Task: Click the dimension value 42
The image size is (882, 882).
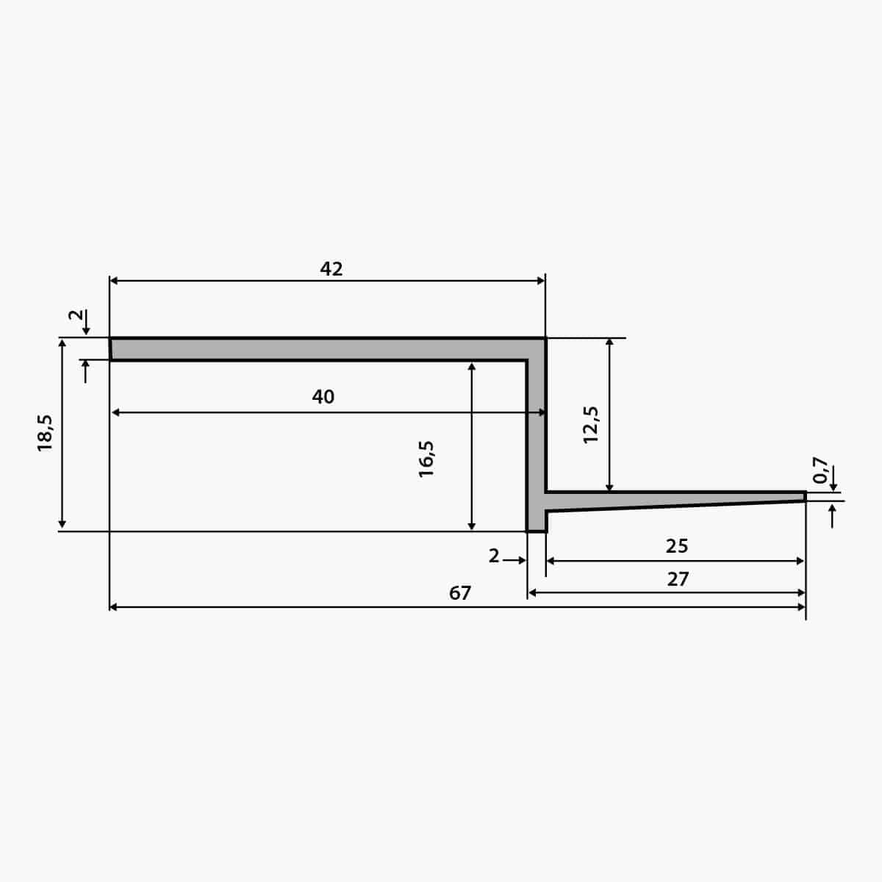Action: (331, 269)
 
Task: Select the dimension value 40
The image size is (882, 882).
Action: (323, 396)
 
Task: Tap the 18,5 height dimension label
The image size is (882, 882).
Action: (45, 433)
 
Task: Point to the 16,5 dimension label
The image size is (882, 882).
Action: (426, 459)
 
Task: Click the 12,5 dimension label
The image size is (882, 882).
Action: (590, 424)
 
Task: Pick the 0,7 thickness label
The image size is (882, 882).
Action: (820, 470)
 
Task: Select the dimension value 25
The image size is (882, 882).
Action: (676, 546)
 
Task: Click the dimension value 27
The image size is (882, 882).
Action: (678, 579)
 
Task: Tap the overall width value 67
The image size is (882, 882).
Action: (459, 593)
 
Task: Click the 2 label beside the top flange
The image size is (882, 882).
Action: (76, 315)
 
